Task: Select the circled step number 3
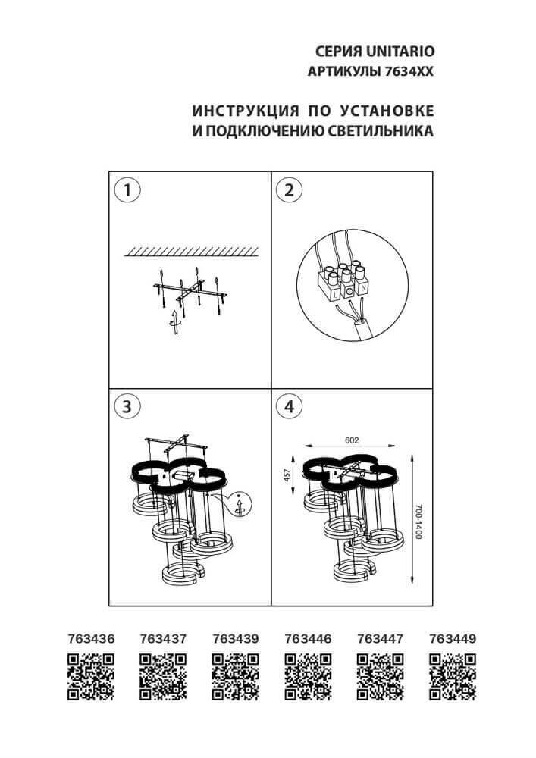pyautogui.click(x=128, y=406)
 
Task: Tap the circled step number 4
pyautogui.click(x=289, y=406)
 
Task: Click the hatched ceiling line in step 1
pyautogui.click(x=193, y=250)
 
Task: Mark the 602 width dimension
pyautogui.click(x=351, y=440)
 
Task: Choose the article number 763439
pyautogui.click(x=235, y=639)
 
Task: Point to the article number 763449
pyautogui.click(x=452, y=639)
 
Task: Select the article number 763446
pyautogui.click(x=307, y=639)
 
